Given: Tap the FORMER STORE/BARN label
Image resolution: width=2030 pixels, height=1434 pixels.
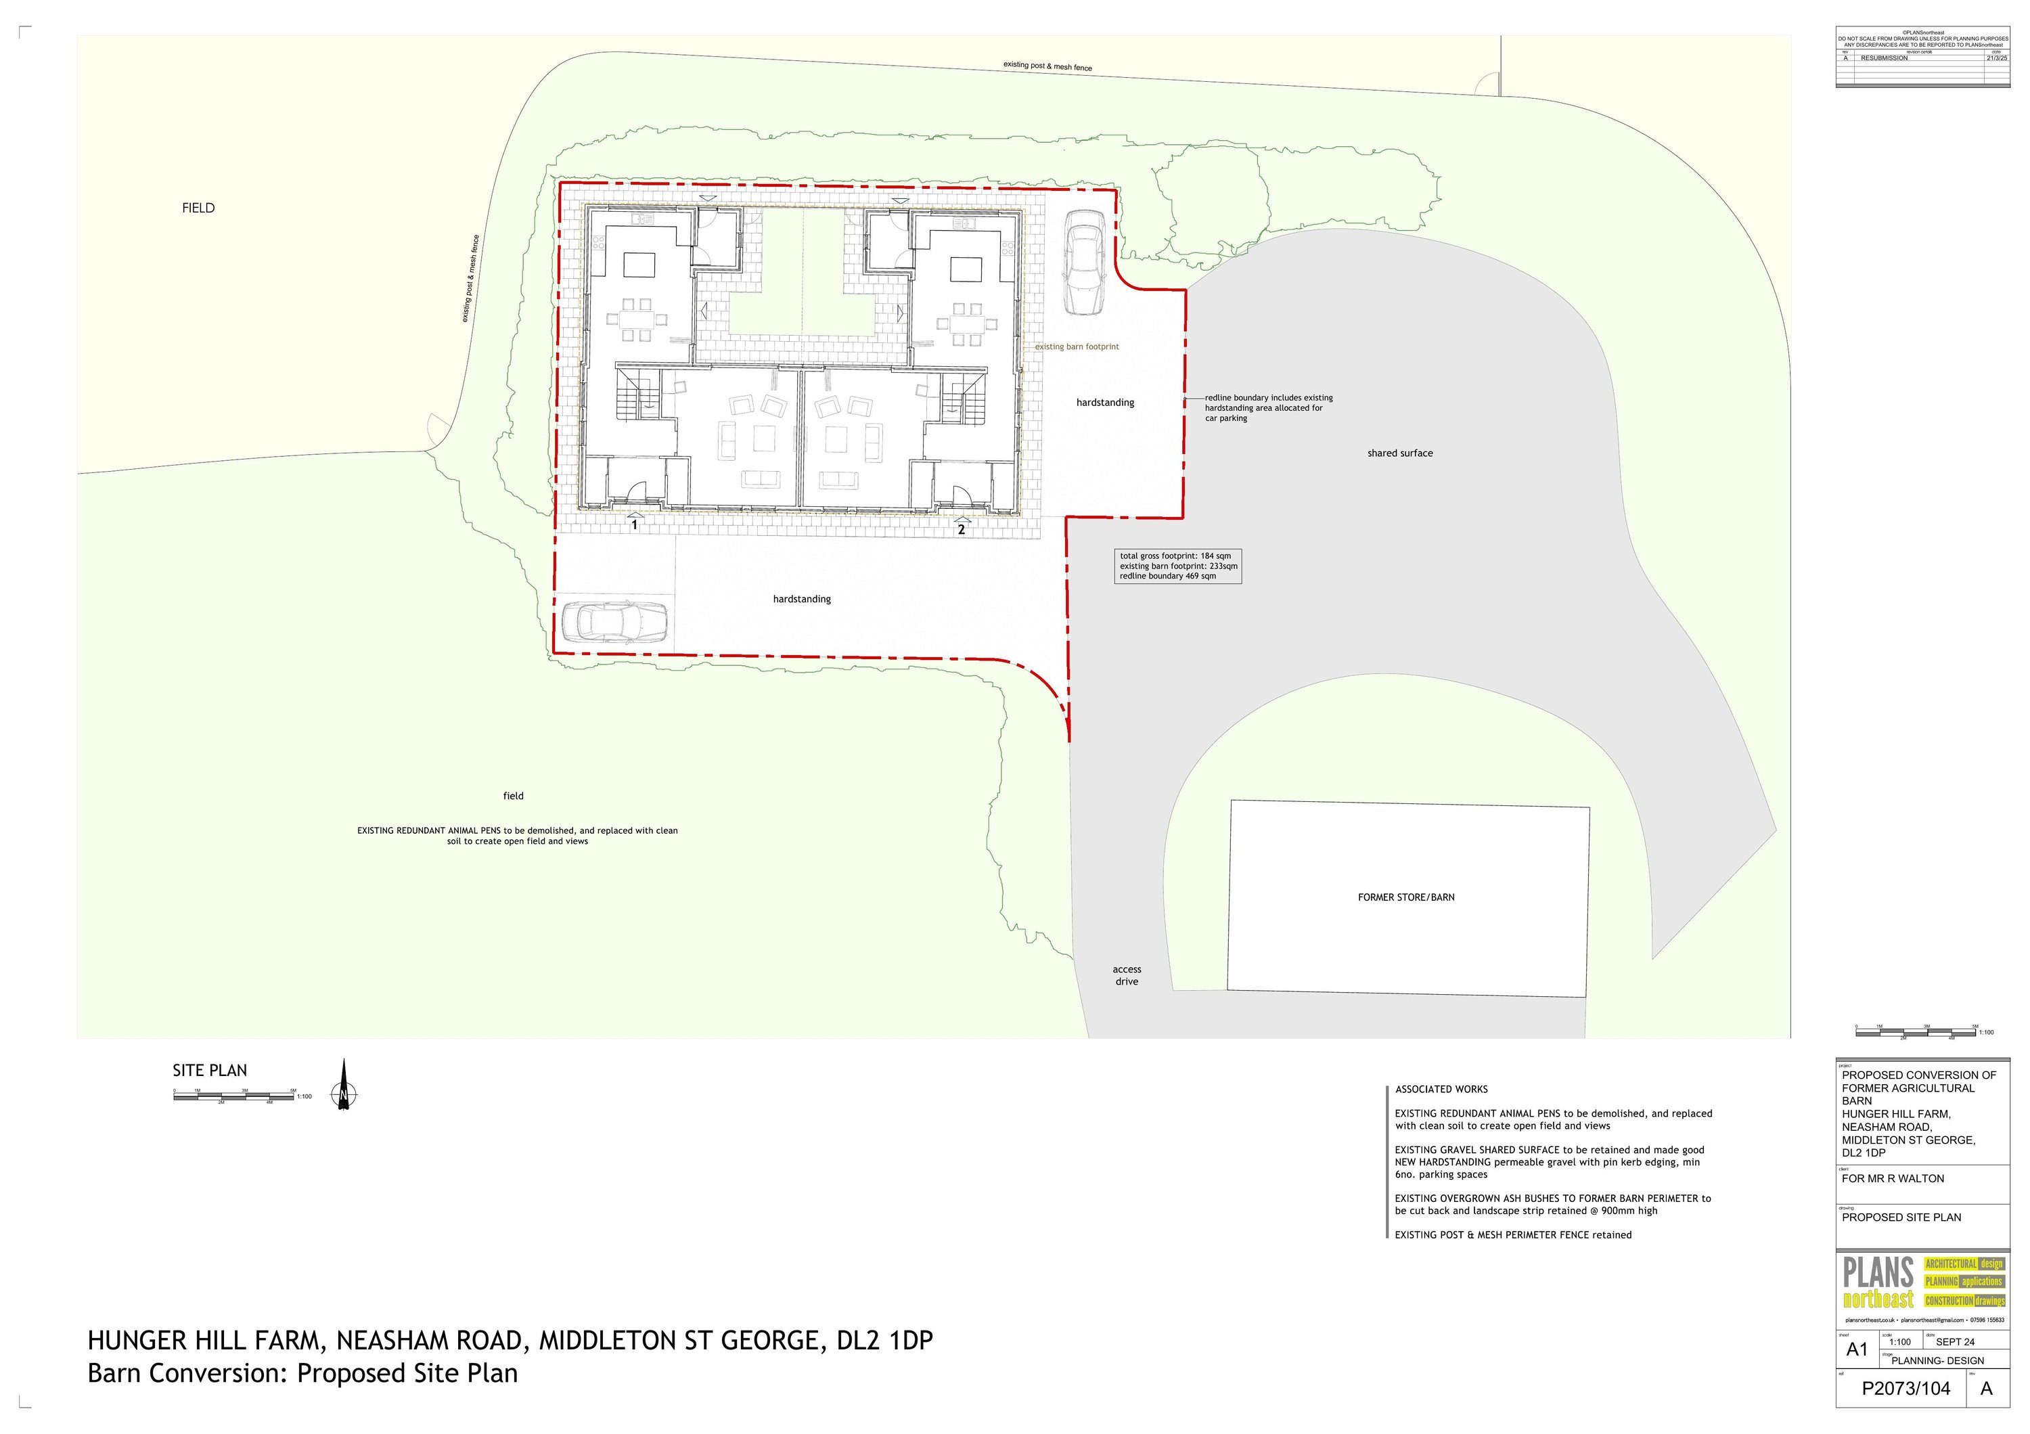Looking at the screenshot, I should pos(1406,897).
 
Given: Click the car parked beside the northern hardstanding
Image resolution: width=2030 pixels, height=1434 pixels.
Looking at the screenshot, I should pos(1083,263).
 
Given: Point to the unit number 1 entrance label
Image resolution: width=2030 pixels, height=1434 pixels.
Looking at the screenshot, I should pos(634,525).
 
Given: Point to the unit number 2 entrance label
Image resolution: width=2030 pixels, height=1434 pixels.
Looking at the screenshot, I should pos(961,530).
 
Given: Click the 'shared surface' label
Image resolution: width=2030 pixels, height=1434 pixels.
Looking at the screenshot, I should pos(1399,453).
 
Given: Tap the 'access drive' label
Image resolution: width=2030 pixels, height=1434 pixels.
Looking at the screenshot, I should pos(1127,975).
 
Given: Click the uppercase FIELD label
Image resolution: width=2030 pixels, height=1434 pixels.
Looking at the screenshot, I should pos(198,208).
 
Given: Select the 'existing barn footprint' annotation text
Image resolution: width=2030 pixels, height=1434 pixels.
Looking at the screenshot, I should pos(1077,346).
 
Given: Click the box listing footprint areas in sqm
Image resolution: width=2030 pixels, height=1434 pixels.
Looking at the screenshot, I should pos(1177,566).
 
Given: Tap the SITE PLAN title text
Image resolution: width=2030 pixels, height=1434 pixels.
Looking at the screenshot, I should pos(210,1071).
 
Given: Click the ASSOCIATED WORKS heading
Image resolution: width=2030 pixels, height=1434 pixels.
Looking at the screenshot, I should pos(1441,1089).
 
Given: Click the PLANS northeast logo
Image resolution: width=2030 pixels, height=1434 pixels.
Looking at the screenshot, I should pos(1922,1284).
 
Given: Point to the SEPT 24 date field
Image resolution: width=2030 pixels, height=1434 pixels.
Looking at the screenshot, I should pos(1955,1342).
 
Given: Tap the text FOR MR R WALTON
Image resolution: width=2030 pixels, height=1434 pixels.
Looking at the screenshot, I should pos(1893,1178).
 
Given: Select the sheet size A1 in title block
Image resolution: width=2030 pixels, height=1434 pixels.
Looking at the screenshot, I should pos(1857,1350).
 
